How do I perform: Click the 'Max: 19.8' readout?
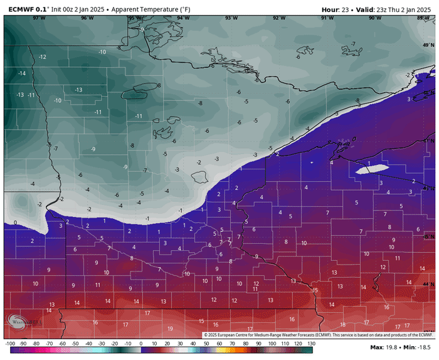tap(383, 347)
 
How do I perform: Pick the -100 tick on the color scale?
tap(9, 344)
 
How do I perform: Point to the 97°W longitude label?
tap(40, 18)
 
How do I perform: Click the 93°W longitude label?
tap(231, 18)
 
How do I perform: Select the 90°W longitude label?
tap(375, 18)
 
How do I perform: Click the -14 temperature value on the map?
tap(21, 73)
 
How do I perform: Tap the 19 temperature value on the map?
tap(170, 328)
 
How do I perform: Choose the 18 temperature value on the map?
tap(342, 324)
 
